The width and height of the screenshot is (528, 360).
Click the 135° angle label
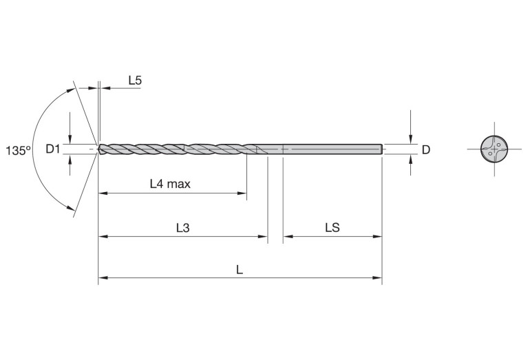tap(18, 150)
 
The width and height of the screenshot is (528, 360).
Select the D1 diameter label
tap(54, 149)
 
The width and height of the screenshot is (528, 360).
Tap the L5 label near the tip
tap(135, 81)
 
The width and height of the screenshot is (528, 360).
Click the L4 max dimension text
tap(170, 184)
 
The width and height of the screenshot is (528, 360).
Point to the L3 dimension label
tap(182, 227)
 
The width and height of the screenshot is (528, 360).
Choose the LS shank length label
tap(332, 227)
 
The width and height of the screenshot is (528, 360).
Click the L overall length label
tap(240, 270)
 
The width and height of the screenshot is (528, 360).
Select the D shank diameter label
tap(425, 149)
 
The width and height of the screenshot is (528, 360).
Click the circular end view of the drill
tap(494, 149)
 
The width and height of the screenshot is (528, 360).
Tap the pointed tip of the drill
tap(99, 149)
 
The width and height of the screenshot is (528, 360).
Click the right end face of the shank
tap(381, 149)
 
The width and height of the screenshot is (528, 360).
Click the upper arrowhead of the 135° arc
tap(72, 89)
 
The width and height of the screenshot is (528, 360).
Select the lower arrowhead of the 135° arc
tap(72, 210)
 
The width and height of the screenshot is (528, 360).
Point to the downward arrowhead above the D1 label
tap(70, 139)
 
